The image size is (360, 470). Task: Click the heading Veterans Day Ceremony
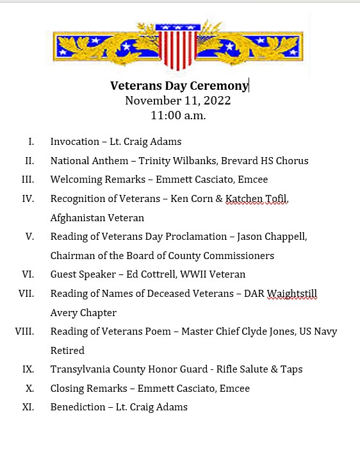pos(179,85)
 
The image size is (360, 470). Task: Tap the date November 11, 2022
pos(177,101)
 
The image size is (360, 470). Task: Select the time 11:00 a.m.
pos(178,116)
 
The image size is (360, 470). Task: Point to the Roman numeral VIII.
pos(24,332)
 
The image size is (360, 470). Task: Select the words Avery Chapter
pos(83,313)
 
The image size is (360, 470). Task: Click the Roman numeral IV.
pos(28,199)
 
